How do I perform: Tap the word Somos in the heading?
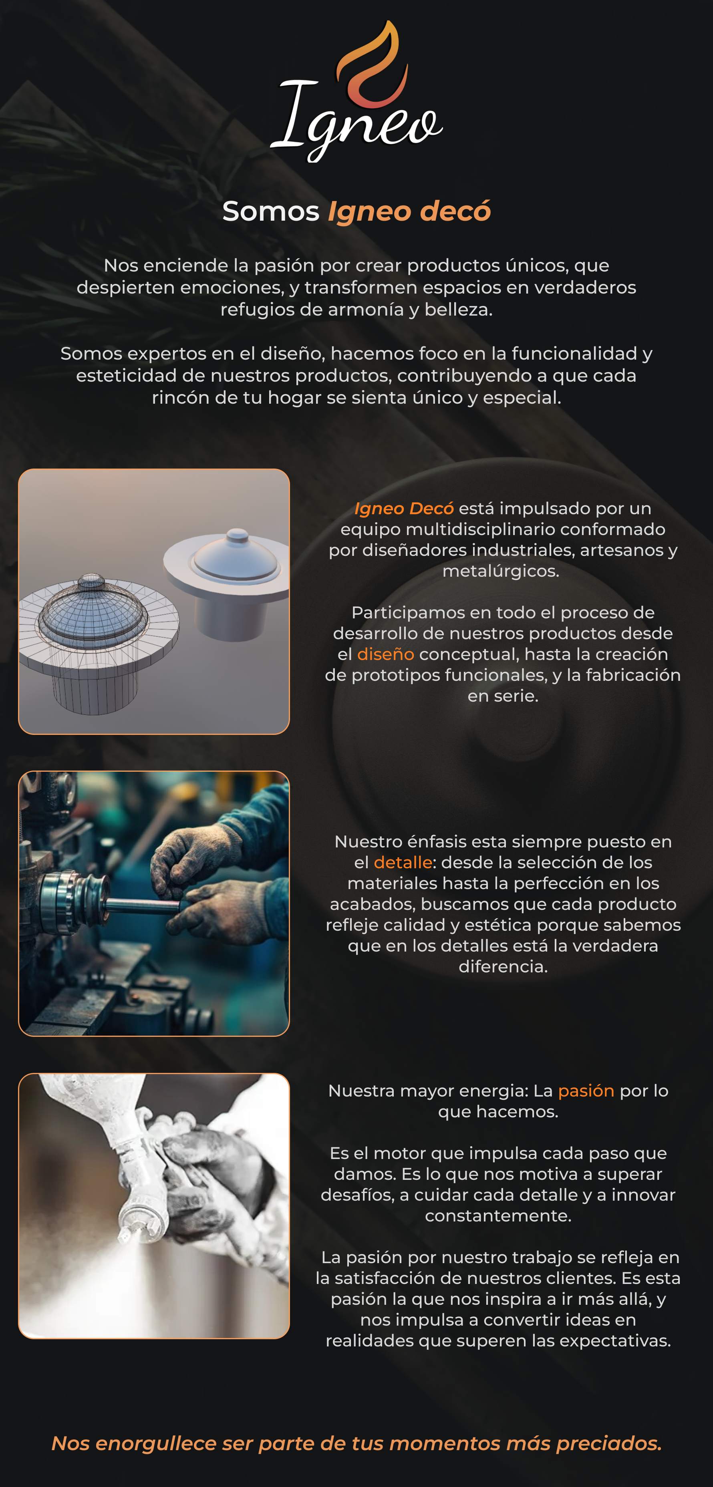[x=271, y=211]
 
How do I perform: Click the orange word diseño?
[x=386, y=654]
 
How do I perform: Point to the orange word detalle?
[x=403, y=862]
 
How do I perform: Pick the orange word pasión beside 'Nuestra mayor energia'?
[x=586, y=1091]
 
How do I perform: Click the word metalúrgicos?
[x=501, y=571]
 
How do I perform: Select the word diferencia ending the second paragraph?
[x=503, y=967]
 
